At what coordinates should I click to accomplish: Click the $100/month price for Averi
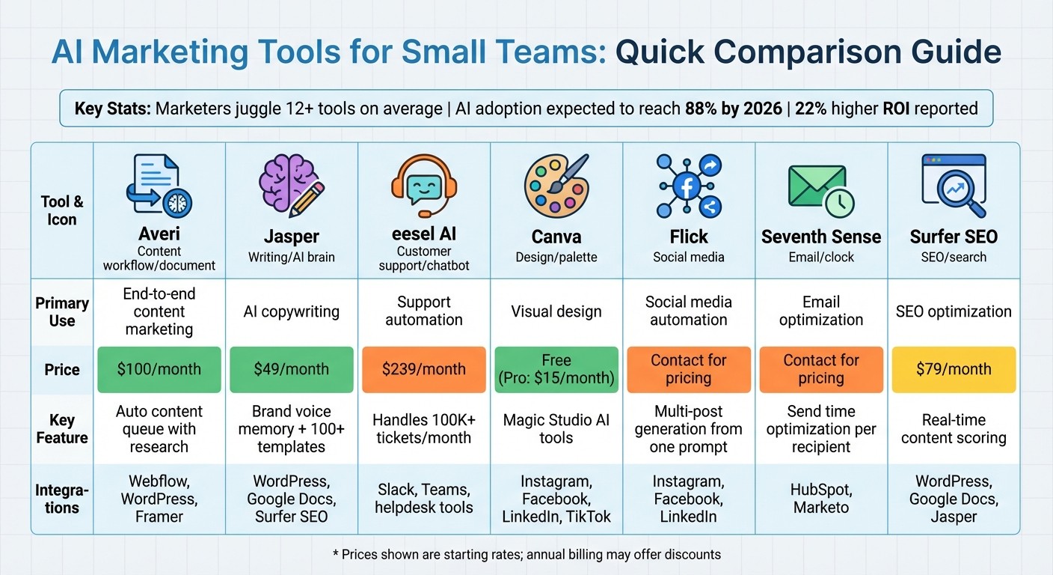(159, 369)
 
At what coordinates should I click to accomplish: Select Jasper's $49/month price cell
(292, 369)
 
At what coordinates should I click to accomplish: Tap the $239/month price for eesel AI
(424, 369)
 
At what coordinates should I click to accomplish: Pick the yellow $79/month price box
(954, 369)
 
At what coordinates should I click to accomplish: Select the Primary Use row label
(62, 311)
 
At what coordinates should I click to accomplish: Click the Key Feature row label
(62, 429)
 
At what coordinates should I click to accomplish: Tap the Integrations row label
(62, 499)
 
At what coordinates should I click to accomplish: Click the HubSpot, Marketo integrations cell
(820, 499)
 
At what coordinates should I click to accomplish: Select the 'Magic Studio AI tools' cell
(556, 429)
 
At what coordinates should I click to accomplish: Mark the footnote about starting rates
(526, 555)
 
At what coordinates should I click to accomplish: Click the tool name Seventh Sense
(820, 237)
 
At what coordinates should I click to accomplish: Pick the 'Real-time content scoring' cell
(954, 429)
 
